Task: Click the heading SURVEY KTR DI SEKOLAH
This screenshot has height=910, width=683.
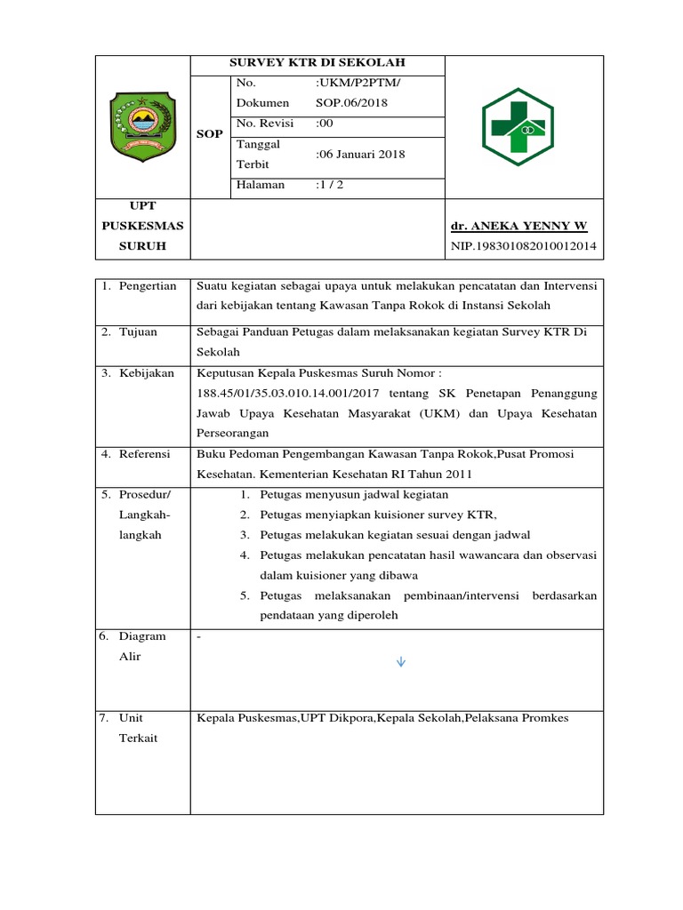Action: coord(317,64)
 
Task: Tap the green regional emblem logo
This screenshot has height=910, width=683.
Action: coord(142,125)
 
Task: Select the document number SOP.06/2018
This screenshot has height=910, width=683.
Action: coord(352,103)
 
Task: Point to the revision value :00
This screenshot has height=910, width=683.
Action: coord(326,124)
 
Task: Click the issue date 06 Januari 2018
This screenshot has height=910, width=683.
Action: coord(361,155)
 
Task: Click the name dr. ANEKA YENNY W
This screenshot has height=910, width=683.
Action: coord(519,226)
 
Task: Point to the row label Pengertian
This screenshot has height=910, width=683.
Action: coord(148,285)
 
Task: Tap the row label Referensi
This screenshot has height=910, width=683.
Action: coord(145,454)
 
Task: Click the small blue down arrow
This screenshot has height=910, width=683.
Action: coord(400,661)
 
